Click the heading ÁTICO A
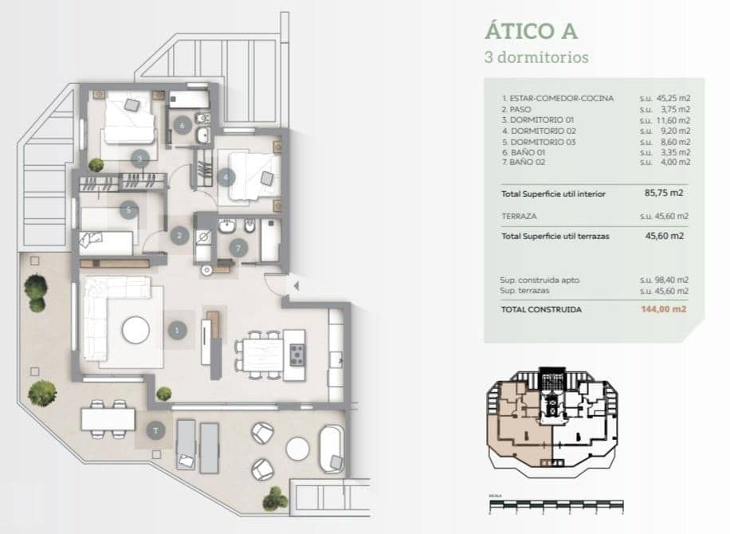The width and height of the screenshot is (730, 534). coord(531,31)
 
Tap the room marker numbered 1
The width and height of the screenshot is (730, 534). coord(178,329)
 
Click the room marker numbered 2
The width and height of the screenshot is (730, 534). coord(180,235)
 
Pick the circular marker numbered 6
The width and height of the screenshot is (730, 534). coord(182,125)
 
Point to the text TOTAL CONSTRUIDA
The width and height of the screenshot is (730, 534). coord(541,309)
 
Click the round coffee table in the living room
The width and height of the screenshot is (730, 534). coord(135,329)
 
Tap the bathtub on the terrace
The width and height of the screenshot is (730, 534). coord(331,449)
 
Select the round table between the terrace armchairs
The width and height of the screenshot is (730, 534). coord(297,449)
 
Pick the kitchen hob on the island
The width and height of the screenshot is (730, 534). coord(296,354)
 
